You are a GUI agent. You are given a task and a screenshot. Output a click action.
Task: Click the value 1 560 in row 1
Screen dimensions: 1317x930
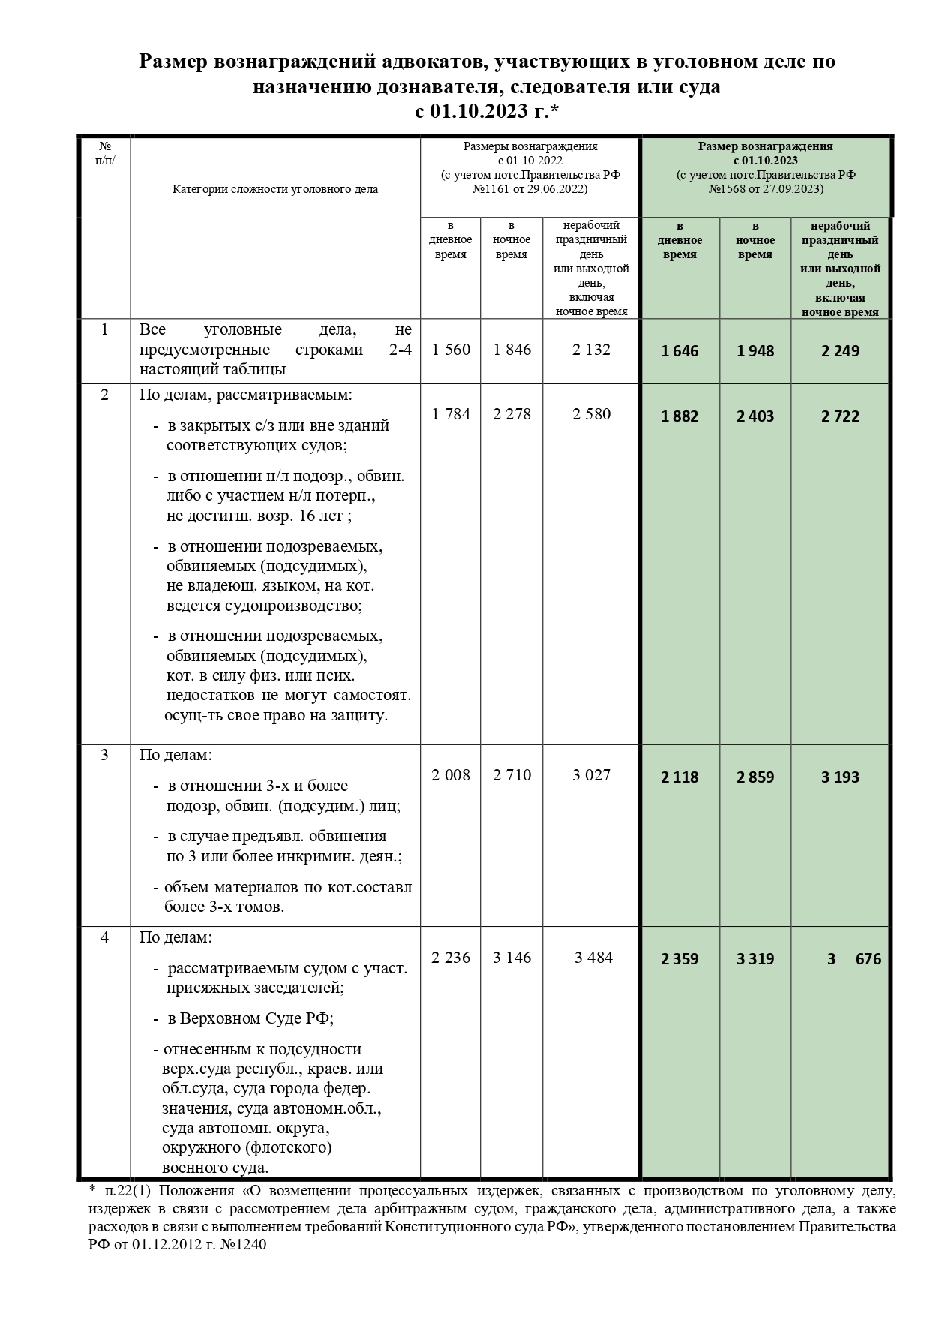tap(451, 350)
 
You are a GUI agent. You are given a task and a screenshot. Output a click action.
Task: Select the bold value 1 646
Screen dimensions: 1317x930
tap(679, 351)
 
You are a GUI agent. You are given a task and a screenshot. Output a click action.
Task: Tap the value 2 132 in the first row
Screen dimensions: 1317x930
tap(591, 350)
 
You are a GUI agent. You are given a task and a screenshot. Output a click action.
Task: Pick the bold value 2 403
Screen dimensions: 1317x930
tap(755, 416)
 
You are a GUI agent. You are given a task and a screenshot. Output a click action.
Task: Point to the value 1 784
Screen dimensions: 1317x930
tap(451, 414)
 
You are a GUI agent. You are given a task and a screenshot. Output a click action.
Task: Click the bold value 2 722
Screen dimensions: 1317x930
tap(840, 416)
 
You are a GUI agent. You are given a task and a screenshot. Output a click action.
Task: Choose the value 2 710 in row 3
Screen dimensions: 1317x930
tap(511, 775)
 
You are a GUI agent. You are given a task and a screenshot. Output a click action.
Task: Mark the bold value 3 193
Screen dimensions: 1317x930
tap(840, 777)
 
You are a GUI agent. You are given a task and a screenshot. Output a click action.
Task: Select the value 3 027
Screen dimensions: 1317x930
tap(591, 775)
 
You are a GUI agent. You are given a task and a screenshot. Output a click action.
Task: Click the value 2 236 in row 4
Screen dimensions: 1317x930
tap(451, 958)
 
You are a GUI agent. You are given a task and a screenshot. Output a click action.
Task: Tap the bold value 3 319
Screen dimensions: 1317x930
tap(755, 959)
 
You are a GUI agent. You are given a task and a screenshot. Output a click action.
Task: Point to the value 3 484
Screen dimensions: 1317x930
tap(593, 958)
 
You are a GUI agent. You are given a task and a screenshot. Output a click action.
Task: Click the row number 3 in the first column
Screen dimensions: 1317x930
tap(104, 755)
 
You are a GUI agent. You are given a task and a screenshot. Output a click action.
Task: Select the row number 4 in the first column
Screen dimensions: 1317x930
tap(104, 937)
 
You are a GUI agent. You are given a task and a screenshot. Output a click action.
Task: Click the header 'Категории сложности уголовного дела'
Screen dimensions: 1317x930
tap(275, 189)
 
